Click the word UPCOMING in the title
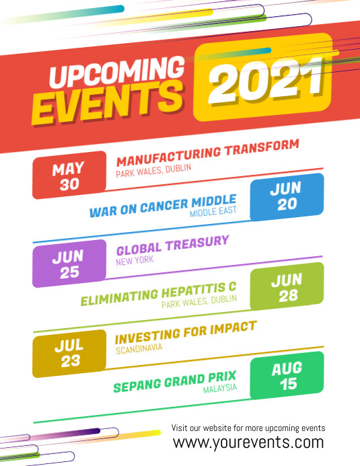pos(118,73)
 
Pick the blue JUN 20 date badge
pos(287,197)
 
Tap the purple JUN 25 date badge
pos(69,264)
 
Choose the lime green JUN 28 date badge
pos(287,286)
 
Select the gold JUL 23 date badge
pos(69,353)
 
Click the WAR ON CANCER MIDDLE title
pos(163,206)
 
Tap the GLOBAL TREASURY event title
pos(173,243)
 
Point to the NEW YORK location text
pos(135,260)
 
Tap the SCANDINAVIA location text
pos(139,349)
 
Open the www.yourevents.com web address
pos(248,442)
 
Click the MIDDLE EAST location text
pos(213,212)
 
